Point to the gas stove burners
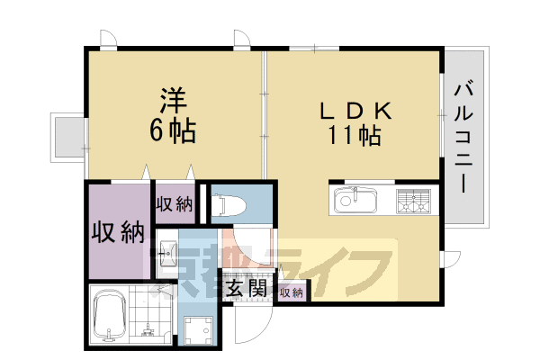pyautogui.click(x=415, y=202)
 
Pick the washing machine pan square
pyautogui.click(x=198, y=331)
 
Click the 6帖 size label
pyautogui.click(x=173, y=130)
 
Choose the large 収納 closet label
pyautogui.click(x=119, y=231)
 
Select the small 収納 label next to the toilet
pyautogui.click(x=175, y=204)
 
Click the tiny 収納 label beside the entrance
pyautogui.click(x=290, y=292)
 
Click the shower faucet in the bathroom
pyautogui.click(x=112, y=336)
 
